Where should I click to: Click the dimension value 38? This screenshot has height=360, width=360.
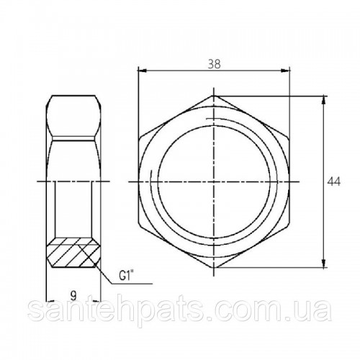pos(214,64)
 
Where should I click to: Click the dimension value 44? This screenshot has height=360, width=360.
pos(334,181)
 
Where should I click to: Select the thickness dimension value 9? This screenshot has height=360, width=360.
pos(73,295)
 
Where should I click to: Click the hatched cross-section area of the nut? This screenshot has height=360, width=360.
pos(73,253)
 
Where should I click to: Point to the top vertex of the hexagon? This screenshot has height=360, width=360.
pos(214,96)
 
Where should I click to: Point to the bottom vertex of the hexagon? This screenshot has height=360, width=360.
pos(214,268)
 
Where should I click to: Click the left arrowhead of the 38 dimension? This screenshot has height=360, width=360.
pos(142,71)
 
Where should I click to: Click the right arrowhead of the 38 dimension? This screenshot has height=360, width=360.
pos(285,71)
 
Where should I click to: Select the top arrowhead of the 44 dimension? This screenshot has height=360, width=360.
pos(324,100)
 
